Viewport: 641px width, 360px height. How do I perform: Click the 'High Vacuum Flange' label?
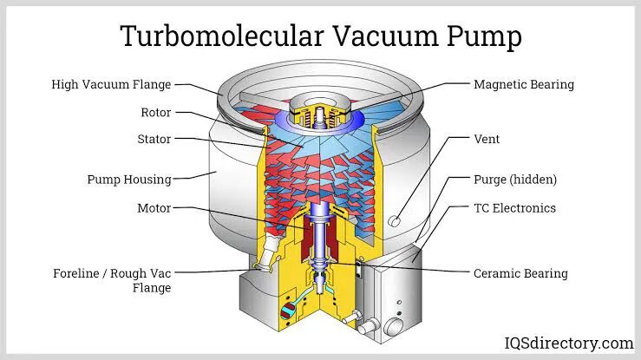click(111, 85)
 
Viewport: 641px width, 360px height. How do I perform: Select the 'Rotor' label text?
click(156, 113)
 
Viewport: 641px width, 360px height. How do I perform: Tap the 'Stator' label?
click(154, 139)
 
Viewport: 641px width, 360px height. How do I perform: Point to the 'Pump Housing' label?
click(129, 180)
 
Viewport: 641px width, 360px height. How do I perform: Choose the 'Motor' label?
click(154, 208)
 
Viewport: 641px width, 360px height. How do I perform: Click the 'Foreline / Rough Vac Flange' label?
click(112, 280)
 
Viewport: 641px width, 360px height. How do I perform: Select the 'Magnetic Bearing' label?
click(524, 85)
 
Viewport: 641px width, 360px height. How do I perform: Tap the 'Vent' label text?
click(487, 139)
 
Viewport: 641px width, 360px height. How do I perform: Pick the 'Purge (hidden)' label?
click(515, 180)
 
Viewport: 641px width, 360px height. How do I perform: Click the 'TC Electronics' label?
click(514, 208)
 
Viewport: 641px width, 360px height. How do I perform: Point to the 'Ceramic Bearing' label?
click(520, 273)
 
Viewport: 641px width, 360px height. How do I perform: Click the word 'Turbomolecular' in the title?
click(222, 36)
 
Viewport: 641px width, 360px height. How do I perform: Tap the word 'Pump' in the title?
click(484, 37)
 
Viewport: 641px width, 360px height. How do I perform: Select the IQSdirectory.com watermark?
click(569, 344)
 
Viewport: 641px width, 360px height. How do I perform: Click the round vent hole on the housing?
click(395, 221)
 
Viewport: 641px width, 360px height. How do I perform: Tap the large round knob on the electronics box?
click(394, 326)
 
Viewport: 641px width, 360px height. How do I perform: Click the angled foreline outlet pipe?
click(269, 252)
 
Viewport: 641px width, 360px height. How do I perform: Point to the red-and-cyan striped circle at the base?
click(288, 311)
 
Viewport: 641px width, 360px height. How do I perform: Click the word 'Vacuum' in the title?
click(385, 36)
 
